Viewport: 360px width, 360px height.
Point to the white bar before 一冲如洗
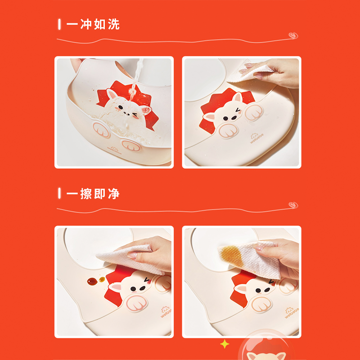[59, 24]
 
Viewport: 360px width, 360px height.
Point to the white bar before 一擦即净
[59, 194]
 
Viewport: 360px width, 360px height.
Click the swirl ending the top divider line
[293, 36]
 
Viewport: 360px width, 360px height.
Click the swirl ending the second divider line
[293, 205]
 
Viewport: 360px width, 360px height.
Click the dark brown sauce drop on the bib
[92, 281]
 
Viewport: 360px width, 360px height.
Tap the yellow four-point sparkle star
[224, 344]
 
